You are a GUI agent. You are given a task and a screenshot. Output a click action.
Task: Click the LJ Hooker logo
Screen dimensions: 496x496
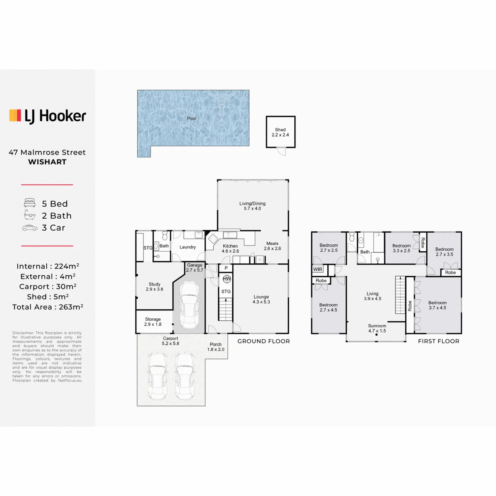coord(48,116)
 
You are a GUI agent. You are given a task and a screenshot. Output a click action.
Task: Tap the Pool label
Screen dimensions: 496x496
coord(191,118)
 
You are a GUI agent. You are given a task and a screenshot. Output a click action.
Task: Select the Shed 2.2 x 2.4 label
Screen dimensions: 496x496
coord(280,132)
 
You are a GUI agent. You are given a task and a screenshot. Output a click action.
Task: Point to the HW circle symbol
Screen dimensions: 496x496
coord(227,279)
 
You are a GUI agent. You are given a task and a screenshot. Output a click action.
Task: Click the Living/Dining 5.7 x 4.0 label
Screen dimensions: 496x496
coord(252,206)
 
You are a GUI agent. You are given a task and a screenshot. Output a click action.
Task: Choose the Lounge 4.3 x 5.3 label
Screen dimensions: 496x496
coord(261,299)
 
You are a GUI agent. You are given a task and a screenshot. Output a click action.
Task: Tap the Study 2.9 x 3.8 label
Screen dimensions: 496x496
coord(155,286)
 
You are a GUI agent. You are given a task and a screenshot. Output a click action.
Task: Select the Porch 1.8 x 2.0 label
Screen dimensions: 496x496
coord(216,347)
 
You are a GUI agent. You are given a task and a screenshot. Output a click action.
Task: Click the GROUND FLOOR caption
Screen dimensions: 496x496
coord(264,341)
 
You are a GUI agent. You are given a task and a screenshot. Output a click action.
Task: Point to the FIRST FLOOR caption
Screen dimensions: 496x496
coord(439,341)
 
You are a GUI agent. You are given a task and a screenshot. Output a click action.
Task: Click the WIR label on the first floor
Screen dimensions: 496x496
coord(317,269)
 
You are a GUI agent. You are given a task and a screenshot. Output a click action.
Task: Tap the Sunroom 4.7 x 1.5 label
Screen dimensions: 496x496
coord(377,328)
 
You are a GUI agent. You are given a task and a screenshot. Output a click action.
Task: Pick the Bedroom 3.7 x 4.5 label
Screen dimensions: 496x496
coord(437,305)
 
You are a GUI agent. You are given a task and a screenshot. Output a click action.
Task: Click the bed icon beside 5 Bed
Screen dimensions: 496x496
coord(30,203)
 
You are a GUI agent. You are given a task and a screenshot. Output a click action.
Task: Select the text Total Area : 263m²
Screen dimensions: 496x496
coord(48,307)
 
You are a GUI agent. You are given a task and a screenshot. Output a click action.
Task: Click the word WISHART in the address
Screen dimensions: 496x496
coord(48,162)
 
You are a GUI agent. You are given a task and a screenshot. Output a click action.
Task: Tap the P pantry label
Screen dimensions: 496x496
coord(226,268)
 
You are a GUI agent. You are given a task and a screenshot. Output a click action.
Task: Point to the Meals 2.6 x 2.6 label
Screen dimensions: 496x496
coord(272,246)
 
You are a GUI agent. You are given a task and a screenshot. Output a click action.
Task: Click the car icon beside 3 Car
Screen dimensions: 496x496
coord(30,228)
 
